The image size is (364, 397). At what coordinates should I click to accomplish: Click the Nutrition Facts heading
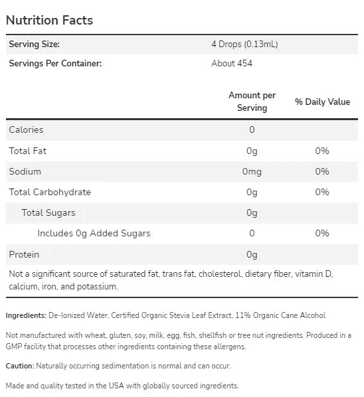49,21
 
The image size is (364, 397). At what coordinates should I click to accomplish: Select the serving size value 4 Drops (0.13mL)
244,44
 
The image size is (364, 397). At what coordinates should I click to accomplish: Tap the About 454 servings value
232,63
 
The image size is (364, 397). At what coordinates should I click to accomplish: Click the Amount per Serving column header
252,102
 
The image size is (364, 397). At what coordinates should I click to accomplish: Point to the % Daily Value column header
322,102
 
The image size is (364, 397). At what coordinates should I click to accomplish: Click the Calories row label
26,129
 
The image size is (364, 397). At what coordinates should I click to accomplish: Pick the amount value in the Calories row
252,129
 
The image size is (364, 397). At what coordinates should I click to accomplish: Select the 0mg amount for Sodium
252,171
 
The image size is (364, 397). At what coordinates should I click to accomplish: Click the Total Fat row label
28,151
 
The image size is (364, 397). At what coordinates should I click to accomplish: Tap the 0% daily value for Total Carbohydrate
322,192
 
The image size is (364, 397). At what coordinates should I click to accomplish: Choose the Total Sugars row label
48,212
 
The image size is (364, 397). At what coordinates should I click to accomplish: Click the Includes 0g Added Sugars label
94,234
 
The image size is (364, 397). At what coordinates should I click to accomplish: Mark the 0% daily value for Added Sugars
322,233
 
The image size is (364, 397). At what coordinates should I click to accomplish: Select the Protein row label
24,254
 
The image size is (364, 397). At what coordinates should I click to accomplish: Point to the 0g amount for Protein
252,255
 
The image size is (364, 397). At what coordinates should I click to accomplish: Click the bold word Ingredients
26,315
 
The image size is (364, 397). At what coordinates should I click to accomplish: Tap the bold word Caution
20,366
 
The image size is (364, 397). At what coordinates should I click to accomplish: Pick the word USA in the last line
116,386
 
